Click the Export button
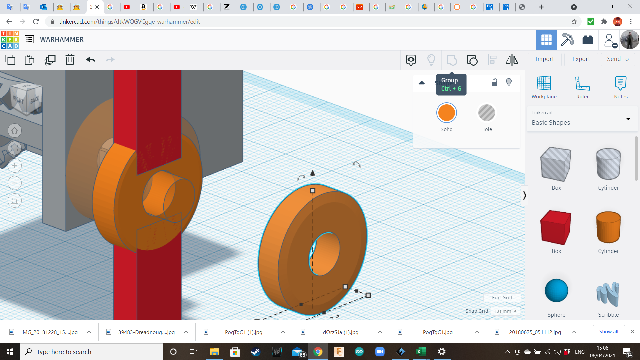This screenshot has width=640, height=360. (x=581, y=59)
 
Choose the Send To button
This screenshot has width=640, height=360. (x=618, y=59)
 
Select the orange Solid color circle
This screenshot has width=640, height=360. (x=446, y=113)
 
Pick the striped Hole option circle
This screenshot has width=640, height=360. (x=486, y=113)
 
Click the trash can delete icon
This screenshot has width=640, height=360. (x=70, y=60)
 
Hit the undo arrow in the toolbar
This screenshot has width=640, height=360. (x=90, y=60)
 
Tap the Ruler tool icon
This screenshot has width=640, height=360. (x=582, y=83)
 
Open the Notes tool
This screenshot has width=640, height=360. (x=621, y=83)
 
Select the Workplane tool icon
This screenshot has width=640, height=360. (x=544, y=83)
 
